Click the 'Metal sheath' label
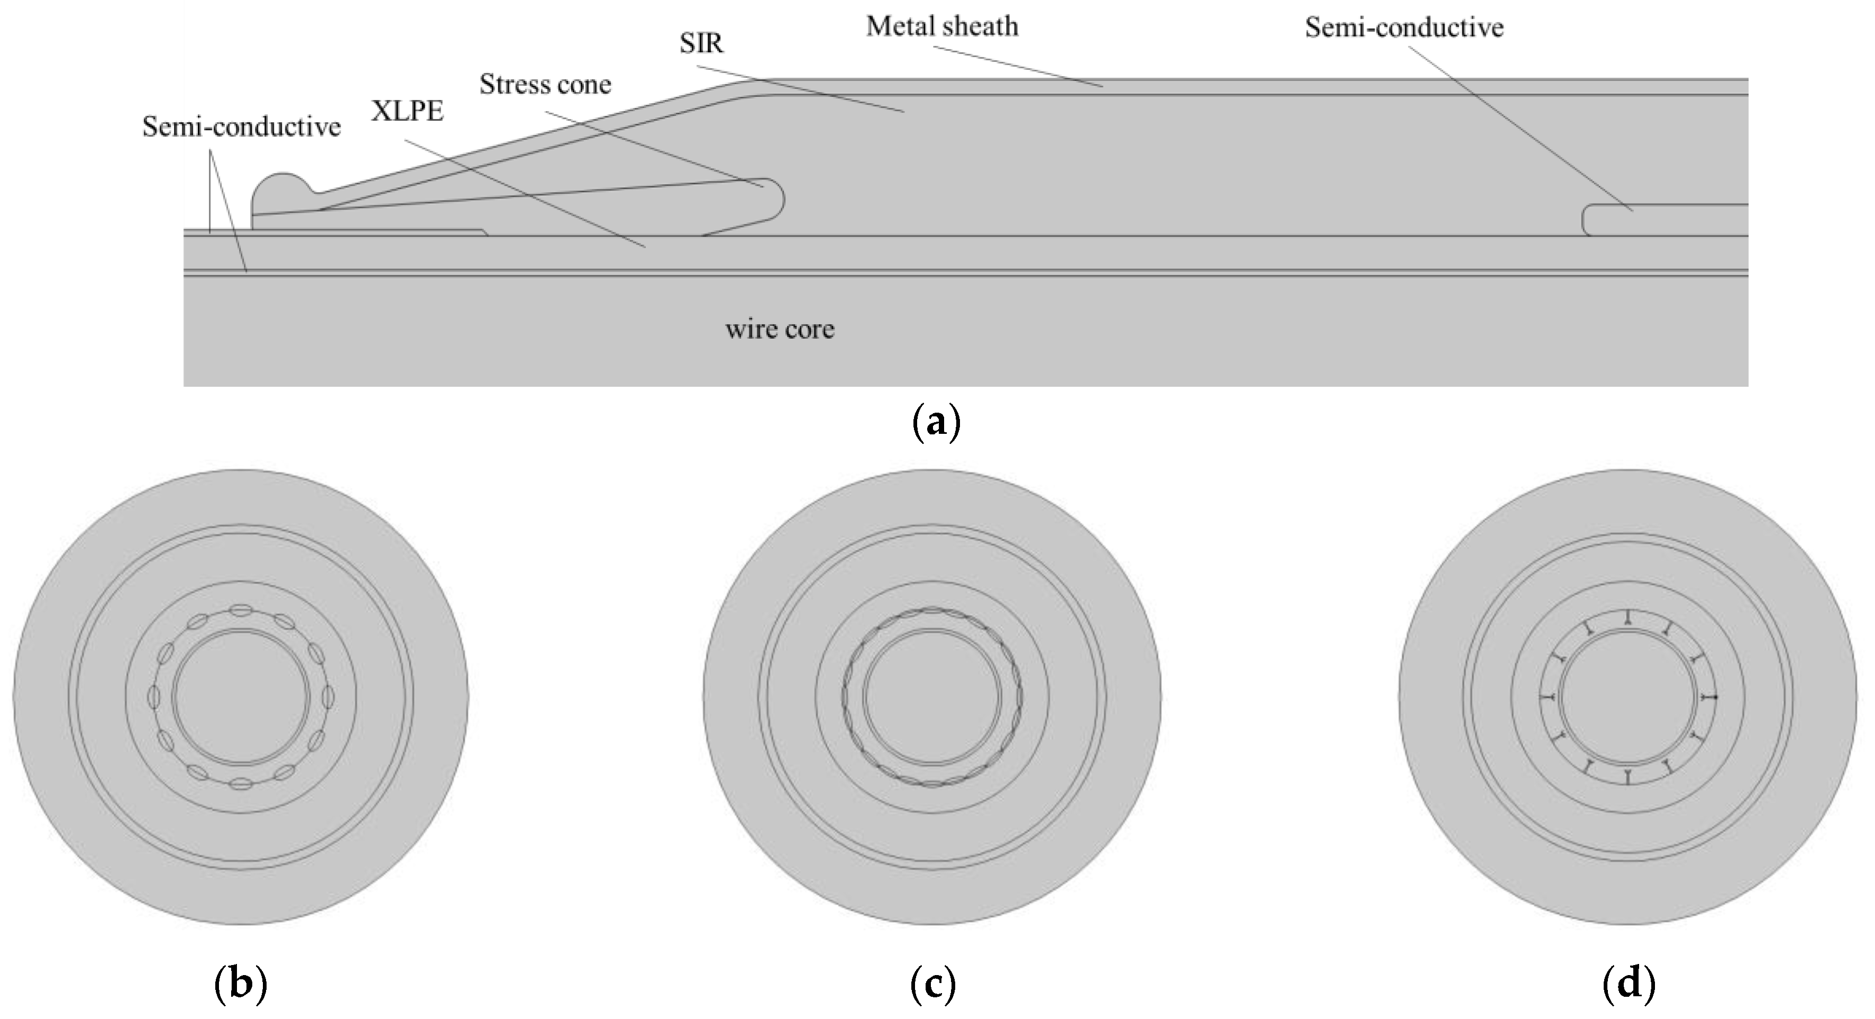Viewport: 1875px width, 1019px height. click(x=942, y=27)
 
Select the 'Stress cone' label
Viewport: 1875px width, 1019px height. click(x=545, y=85)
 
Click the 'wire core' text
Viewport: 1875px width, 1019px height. click(x=780, y=329)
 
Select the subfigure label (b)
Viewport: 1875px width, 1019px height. click(x=241, y=984)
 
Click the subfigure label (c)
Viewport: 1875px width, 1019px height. click(x=932, y=984)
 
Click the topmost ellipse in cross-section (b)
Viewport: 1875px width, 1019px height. click(x=241, y=610)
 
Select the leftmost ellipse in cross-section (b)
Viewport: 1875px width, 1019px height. click(x=153, y=697)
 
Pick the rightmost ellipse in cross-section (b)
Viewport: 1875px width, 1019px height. click(x=328, y=697)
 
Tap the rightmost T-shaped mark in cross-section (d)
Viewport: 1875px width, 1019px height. click(x=1708, y=697)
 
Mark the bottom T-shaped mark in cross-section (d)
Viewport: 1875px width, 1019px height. click(x=1627, y=776)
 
